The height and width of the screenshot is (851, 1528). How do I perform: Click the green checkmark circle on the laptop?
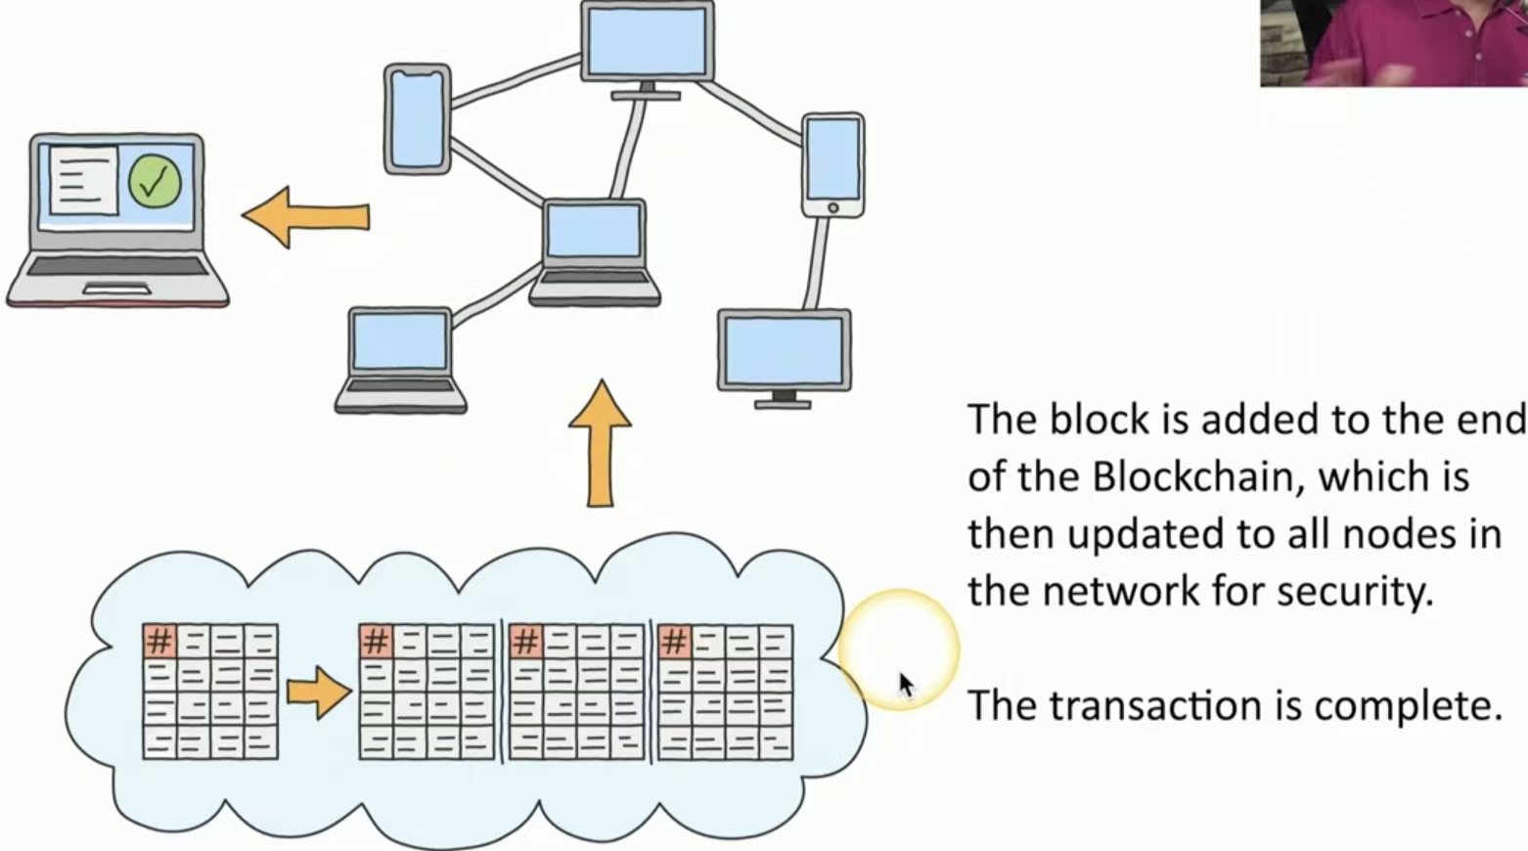tap(155, 181)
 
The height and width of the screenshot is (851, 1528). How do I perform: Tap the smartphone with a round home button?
tap(832, 164)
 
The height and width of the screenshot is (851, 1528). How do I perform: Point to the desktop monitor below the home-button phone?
tap(784, 355)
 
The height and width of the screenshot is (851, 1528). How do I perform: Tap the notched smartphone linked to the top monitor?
tap(418, 118)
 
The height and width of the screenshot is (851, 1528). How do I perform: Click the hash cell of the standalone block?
tap(159, 642)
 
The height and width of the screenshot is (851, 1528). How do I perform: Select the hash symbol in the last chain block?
tap(674, 642)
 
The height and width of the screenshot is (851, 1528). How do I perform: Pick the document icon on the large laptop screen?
tap(83, 179)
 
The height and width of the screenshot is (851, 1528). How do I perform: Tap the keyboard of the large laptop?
tap(116, 266)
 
